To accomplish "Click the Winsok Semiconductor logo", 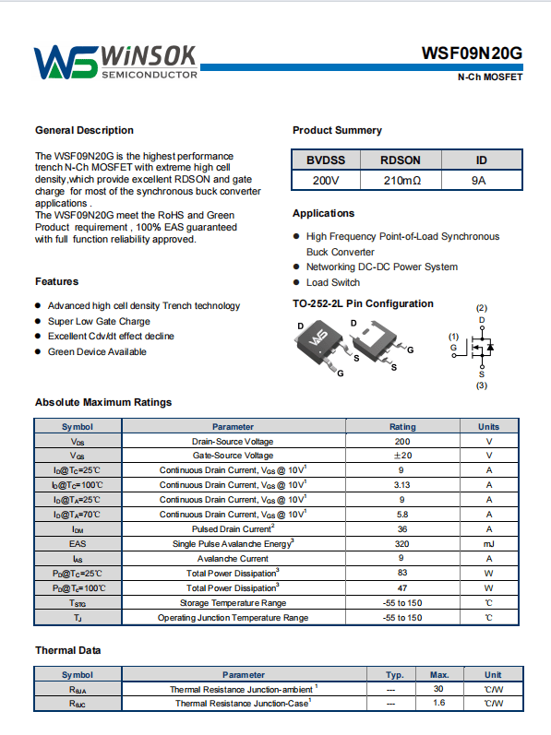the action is (116, 62).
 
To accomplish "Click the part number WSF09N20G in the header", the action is (472, 53).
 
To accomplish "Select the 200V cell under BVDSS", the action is (326, 181).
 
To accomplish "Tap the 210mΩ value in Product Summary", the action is (401, 181).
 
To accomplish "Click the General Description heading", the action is (84, 130).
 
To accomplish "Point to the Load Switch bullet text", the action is (333, 282).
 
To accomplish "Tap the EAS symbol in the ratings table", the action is (78, 544).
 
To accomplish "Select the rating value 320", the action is (401, 544).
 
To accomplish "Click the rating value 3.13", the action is (401, 485).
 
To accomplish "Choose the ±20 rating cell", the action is (402, 456).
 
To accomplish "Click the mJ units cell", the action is (488, 544).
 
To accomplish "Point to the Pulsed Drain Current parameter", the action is (234, 528).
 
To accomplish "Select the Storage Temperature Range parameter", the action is (234, 603).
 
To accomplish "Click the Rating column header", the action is (402, 427).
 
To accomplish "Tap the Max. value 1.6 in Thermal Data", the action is (439, 703).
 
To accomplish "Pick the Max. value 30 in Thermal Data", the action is (438, 689).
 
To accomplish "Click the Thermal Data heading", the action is (68, 650).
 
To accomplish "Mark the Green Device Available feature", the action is (97, 351).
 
